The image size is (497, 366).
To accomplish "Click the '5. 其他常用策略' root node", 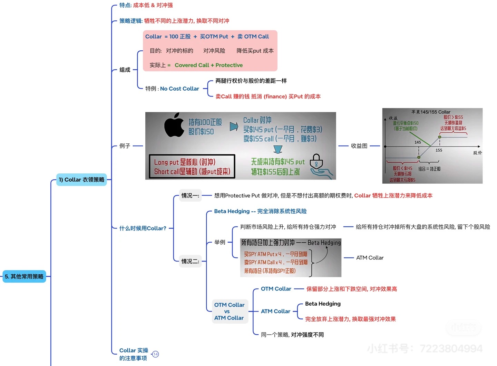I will [24, 276].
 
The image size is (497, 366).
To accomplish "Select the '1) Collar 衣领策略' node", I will [81, 180].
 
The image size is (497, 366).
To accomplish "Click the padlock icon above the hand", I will [316, 161].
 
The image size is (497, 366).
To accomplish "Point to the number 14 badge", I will [155, 354].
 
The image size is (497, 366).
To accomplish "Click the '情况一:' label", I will [190, 195].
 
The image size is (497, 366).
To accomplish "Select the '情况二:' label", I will [190, 261].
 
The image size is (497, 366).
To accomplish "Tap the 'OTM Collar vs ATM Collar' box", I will [229, 311].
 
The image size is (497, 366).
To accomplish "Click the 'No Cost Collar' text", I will [179, 89].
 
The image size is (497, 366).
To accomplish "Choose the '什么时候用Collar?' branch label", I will [143, 228].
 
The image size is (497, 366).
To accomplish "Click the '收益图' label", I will [359, 146].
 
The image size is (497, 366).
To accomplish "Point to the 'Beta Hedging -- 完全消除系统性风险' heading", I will [260, 211].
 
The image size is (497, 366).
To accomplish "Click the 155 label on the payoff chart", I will [439, 150].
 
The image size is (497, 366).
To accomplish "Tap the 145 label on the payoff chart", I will [418, 142].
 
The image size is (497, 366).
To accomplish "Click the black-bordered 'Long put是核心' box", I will [192, 166].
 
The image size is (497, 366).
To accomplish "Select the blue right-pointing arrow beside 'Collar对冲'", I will [234, 126].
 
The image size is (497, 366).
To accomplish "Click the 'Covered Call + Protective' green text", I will [208, 65].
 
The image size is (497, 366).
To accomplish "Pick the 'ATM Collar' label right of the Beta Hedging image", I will [370, 258].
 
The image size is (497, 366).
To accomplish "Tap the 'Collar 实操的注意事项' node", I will [134, 354].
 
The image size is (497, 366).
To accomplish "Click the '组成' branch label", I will [125, 70].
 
